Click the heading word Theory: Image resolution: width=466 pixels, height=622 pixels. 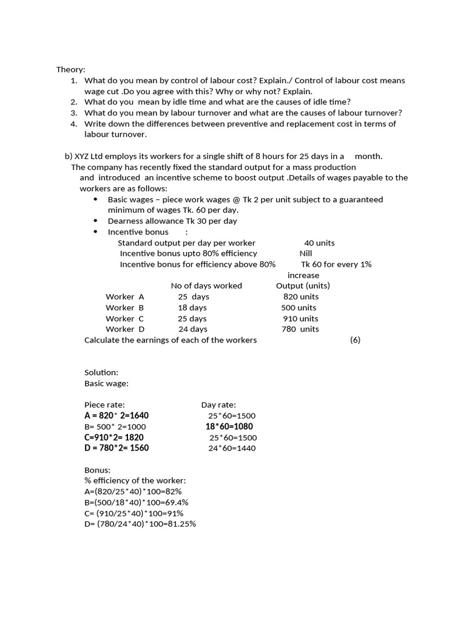click(x=71, y=70)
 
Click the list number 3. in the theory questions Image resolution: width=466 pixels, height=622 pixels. click(x=73, y=113)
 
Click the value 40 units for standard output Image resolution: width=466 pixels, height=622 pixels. click(x=319, y=243)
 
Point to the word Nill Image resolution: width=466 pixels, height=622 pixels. click(x=306, y=253)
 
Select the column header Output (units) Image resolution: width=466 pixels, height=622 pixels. click(x=303, y=286)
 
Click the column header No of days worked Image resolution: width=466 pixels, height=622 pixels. click(x=206, y=286)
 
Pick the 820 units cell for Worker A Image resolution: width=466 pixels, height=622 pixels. click(x=300, y=297)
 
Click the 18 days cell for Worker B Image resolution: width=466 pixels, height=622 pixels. click(x=192, y=308)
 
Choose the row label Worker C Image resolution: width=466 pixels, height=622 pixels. click(x=124, y=319)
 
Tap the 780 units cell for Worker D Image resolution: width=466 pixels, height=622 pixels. click(x=300, y=329)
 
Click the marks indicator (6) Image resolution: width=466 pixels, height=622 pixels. click(x=355, y=340)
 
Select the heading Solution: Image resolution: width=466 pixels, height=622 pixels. click(x=101, y=372)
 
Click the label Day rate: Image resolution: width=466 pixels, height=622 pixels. click(x=218, y=405)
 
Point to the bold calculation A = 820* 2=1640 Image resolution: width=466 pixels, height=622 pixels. click(x=116, y=415)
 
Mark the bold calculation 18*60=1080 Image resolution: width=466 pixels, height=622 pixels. click(x=229, y=426)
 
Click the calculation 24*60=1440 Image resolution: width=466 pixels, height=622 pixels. click(x=232, y=448)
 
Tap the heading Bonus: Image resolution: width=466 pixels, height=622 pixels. click(x=97, y=470)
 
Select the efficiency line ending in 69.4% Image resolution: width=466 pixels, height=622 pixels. click(x=137, y=502)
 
